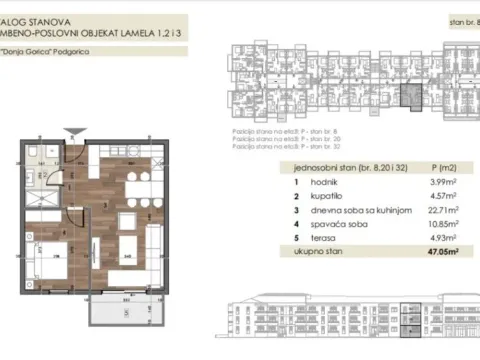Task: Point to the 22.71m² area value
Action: pos(443,211)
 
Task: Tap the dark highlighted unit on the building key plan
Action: pos(407,97)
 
